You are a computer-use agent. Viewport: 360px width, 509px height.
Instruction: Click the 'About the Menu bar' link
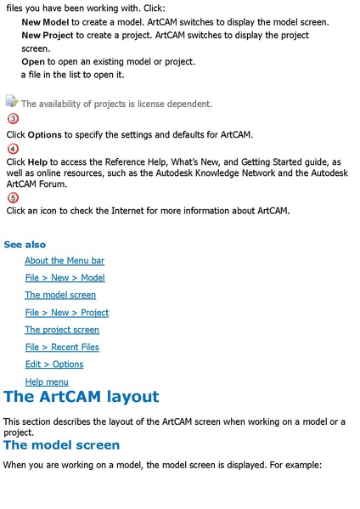[x=65, y=261]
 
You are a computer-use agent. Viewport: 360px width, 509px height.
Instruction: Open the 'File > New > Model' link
[x=65, y=278]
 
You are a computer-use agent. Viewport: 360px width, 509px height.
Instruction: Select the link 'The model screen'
[x=60, y=295]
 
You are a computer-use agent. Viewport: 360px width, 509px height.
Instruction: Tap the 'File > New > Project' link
[x=67, y=313]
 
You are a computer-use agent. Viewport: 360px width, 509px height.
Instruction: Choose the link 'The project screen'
[x=62, y=330]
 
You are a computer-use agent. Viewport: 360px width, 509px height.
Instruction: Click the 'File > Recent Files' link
[x=62, y=347]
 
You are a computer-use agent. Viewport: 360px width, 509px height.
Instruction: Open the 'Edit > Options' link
[x=54, y=365]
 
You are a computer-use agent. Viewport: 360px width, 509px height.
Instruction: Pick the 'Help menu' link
[x=47, y=382]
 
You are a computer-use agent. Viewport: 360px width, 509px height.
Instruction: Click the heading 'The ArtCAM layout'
[x=81, y=397]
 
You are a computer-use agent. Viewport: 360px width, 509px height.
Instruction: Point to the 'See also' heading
[x=25, y=245]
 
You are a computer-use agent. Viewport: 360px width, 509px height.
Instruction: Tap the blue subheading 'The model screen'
[x=61, y=445]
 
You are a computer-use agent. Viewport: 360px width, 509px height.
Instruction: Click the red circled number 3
[x=13, y=119]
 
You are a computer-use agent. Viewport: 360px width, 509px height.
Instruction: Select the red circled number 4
[x=13, y=149]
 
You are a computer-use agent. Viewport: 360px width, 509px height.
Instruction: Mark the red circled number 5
[x=13, y=198]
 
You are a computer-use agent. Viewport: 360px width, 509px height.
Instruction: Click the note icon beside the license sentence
[x=12, y=102]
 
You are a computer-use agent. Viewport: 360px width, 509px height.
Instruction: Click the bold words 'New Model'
[x=45, y=21]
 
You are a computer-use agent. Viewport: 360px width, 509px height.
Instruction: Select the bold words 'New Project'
[x=48, y=36]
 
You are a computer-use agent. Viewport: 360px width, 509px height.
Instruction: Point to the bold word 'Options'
[x=44, y=135]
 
